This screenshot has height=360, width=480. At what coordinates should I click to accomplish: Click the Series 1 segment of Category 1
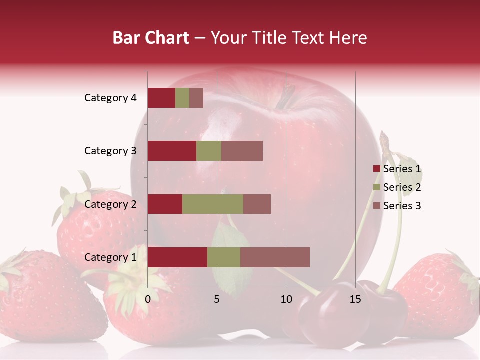(177, 257)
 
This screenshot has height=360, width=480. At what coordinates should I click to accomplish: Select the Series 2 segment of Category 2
(213, 204)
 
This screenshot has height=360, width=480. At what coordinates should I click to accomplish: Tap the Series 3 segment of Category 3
(242, 151)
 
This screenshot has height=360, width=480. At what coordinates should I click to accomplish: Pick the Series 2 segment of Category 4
(182, 98)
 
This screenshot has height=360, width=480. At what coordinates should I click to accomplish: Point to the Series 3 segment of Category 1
(275, 257)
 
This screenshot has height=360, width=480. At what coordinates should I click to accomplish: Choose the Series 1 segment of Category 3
(172, 151)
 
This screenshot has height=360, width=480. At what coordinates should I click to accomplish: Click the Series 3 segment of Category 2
(257, 204)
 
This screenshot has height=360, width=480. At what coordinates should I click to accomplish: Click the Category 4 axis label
(110, 98)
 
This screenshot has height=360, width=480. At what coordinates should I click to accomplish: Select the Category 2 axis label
(110, 204)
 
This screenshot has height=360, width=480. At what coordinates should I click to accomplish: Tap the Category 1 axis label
(110, 257)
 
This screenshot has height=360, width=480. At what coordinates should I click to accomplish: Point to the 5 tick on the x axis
(217, 299)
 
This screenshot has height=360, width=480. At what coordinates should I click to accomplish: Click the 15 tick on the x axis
(355, 299)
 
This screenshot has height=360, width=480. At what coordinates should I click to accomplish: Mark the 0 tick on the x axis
(148, 299)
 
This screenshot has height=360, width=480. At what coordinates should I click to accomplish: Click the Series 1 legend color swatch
(376, 169)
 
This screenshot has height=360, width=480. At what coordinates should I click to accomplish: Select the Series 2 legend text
(402, 187)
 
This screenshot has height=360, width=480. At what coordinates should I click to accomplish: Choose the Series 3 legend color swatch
(376, 206)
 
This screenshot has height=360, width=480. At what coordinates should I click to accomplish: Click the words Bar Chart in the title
(151, 38)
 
